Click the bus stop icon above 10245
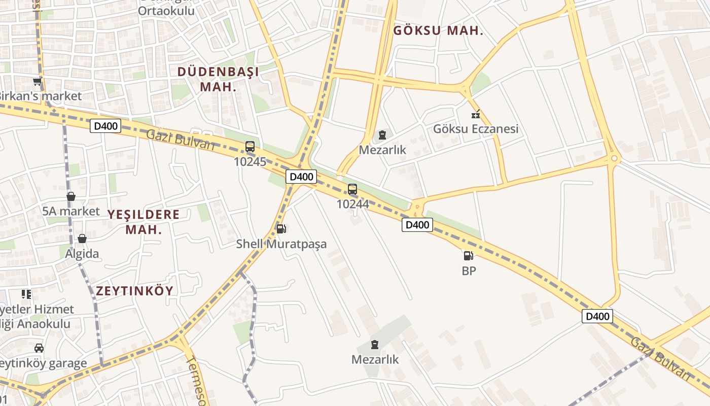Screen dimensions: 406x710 [250, 147]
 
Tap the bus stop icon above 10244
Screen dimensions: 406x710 [352, 189]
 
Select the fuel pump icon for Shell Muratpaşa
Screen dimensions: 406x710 [280, 229]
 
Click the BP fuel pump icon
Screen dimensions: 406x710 [468, 256]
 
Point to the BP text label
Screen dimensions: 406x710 [469, 271]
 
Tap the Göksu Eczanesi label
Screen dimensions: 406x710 [475, 129]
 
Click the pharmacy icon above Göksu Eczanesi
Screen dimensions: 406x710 [475, 114]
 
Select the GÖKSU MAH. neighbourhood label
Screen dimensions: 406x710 [438, 30]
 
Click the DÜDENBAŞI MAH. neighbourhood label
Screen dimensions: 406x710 [218, 79]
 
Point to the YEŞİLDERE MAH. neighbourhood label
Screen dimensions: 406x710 [144, 222]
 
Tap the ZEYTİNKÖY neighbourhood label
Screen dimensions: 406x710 [135, 291]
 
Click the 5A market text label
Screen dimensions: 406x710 [71, 211]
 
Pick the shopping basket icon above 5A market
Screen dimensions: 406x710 [71, 196]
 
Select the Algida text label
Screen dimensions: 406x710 [82, 253]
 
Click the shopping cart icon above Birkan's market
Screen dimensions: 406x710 [37, 81]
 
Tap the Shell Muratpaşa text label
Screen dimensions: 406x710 [281, 244]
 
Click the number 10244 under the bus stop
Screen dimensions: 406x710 [352, 204]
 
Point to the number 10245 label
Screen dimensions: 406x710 [250, 162]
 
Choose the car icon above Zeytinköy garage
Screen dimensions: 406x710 [39, 348]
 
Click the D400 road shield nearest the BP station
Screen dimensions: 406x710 [417, 225]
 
